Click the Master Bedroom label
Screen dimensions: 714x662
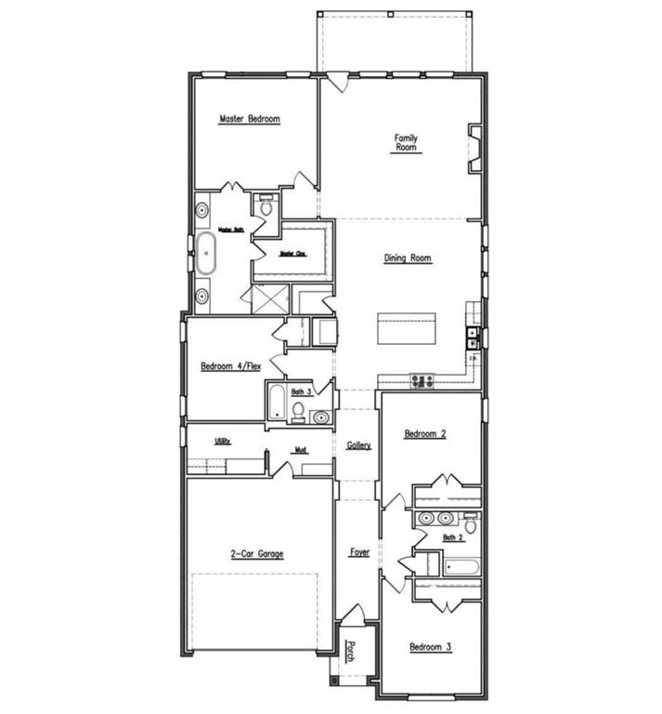pyautogui.click(x=249, y=119)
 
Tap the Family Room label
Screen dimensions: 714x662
pyautogui.click(x=406, y=143)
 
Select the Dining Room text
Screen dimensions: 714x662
pyautogui.click(x=408, y=258)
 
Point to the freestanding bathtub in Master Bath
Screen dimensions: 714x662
pyautogui.click(x=204, y=252)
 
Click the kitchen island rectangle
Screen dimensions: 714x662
pyautogui.click(x=406, y=329)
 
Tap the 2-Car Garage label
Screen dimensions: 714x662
pyautogui.click(x=257, y=554)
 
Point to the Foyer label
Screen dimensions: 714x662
pyautogui.click(x=359, y=552)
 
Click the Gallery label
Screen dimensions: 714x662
pyautogui.click(x=359, y=446)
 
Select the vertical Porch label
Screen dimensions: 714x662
pyautogui.click(x=352, y=651)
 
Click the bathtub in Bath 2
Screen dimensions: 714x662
pyautogui.click(x=461, y=566)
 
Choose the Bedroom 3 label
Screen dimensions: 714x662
pyautogui.click(x=431, y=645)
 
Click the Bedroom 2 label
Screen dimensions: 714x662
pyautogui.click(x=425, y=433)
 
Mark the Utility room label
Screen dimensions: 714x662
pyautogui.click(x=223, y=441)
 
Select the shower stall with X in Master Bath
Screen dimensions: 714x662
pyautogui.click(x=270, y=299)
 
